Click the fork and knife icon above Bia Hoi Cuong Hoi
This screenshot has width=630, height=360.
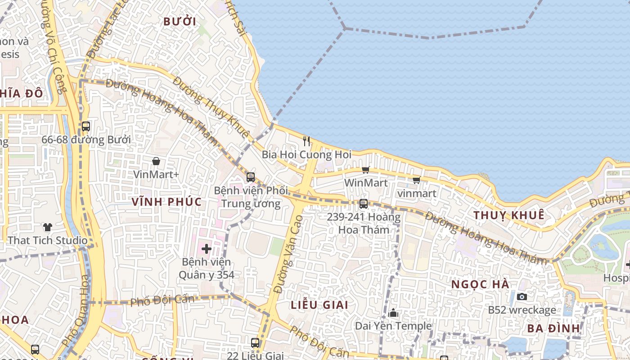[306, 141]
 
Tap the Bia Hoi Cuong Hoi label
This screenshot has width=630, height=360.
[306, 155]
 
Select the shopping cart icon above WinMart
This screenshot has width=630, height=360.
[366, 170]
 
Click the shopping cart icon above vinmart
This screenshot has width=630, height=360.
[416, 180]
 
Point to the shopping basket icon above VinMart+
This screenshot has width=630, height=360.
[156, 161]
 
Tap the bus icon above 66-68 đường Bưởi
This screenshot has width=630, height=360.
[86, 126]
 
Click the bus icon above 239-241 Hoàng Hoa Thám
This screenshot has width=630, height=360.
[364, 204]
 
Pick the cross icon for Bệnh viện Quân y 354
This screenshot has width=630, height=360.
[207, 248]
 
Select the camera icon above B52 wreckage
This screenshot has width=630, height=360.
[522, 297]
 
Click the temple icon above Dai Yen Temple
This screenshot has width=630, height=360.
[393, 313]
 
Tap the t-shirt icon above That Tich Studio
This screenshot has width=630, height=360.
[48, 227]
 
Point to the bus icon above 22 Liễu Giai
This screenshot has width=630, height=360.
[255, 343]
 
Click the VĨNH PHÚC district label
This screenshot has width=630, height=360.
[167, 202]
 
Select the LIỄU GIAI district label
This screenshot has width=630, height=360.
[319, 305]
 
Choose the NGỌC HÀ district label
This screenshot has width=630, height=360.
[481, 284]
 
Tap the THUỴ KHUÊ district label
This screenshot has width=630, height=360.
[508, 215]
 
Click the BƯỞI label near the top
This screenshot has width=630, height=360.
[180, 21]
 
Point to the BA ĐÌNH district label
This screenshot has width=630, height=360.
[554, 328]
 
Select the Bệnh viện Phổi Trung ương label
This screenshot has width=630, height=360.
[251, 197]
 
